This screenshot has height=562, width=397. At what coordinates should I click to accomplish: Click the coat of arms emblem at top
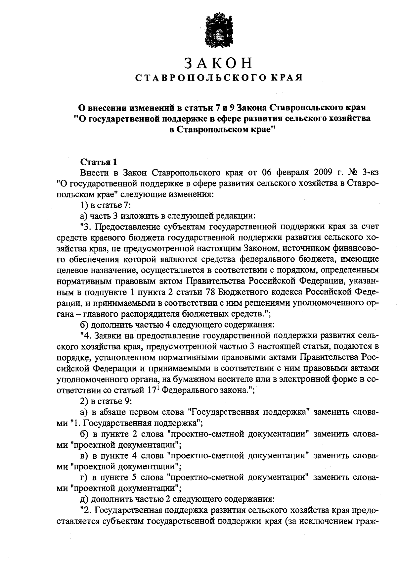click(218, 29)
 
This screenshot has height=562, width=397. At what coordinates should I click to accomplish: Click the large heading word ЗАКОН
click(218, 63)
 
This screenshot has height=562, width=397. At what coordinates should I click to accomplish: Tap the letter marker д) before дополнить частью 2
click(84, 499)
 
